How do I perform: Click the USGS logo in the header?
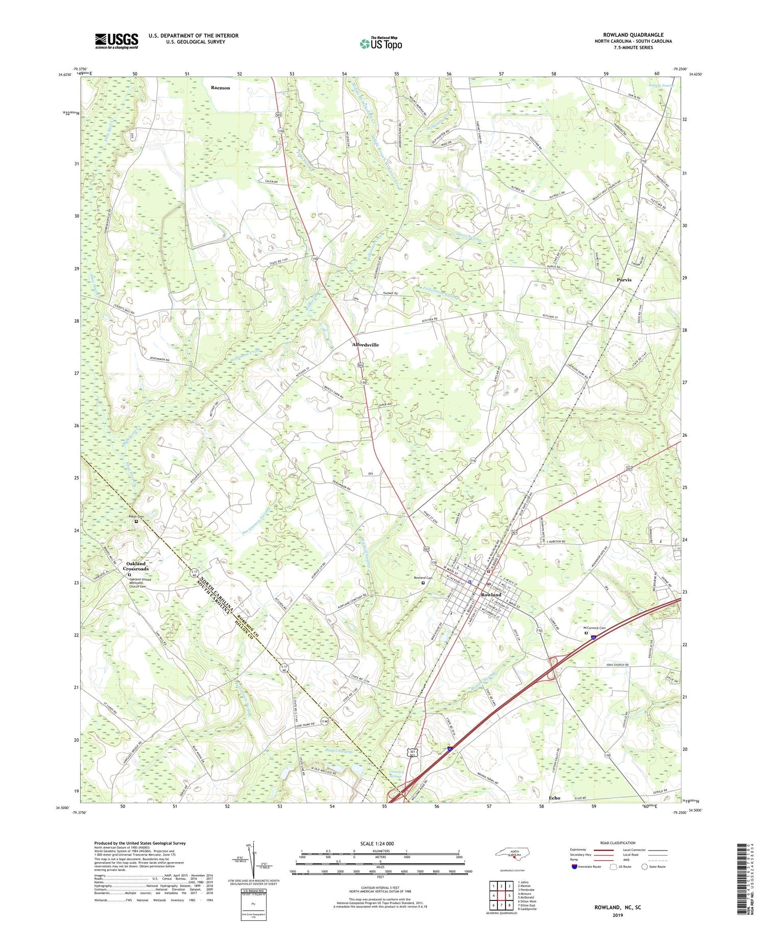coord(116,41)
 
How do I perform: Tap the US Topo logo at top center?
coord(381,44)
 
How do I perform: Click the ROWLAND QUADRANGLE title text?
coord(633,35)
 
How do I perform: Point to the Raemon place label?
coord(221,88)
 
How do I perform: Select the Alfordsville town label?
coord(366,345)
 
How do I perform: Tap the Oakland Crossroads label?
coord(136,566)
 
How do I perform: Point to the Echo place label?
coord(554,798)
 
